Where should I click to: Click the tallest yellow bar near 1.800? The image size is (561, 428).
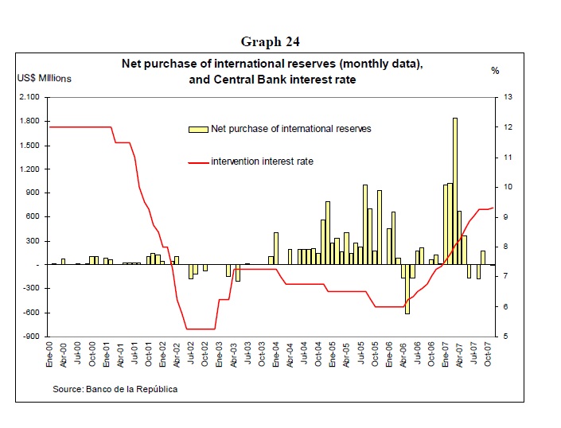(455, 191)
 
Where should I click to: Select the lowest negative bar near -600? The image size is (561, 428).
(407, 289)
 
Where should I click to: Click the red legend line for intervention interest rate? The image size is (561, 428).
(197, 161)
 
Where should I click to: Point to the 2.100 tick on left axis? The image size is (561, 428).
(29, 97)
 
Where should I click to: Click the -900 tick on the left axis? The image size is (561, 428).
(30, 337)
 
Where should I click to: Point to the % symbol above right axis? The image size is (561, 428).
(495, 71)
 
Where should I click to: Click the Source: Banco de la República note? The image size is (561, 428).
(115, 389)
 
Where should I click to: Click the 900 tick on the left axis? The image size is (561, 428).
(33, 193)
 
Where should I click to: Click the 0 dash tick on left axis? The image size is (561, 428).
(37, 265)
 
